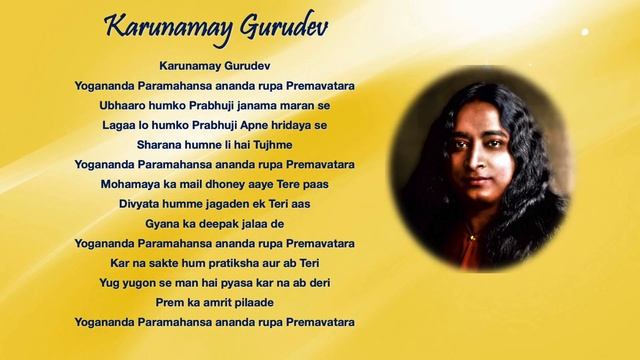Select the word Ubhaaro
tap(123, 105)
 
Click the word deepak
tap(213, 223)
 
